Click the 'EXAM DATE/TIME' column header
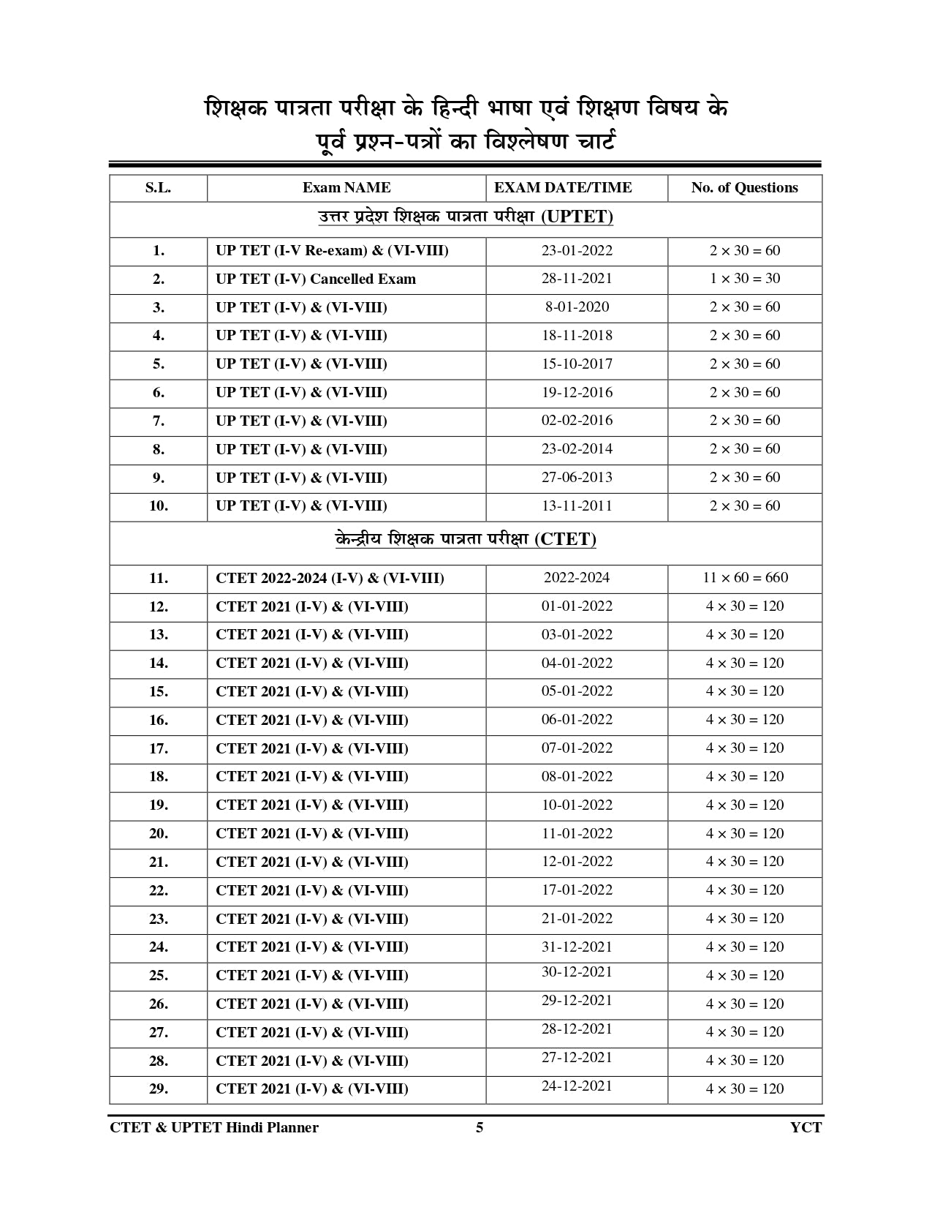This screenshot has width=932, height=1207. coord(563,188)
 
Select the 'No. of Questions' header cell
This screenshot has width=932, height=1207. coord(744,188)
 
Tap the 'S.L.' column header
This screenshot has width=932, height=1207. coord(158,188)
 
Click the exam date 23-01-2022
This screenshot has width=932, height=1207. coord(577,251)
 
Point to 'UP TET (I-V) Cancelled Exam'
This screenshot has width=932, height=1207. coord(315,279)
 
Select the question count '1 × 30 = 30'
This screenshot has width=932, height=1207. coord(744,279)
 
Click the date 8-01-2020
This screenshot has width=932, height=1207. coord(577,307)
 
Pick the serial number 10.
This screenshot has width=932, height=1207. coord(158,506)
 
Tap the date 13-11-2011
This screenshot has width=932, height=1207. coord(577,506)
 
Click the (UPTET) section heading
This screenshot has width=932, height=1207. coord(466,217)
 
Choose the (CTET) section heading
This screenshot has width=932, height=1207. coord(466,540)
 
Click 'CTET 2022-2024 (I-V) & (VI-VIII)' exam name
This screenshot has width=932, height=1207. coord(330,579)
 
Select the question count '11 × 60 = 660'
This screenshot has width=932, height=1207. coord(745,578)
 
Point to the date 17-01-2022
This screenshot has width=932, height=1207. coord(577,890)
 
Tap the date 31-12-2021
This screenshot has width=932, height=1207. coord(577,947)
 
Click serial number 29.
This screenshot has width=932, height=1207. coord(158,1089)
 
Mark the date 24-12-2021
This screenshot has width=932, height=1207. coord(577,1086)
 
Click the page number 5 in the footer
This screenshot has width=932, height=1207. coord(480,1128)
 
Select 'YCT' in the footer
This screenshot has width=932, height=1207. coord(806,1128)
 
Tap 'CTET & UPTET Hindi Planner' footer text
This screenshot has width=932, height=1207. coord(214,1128)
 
